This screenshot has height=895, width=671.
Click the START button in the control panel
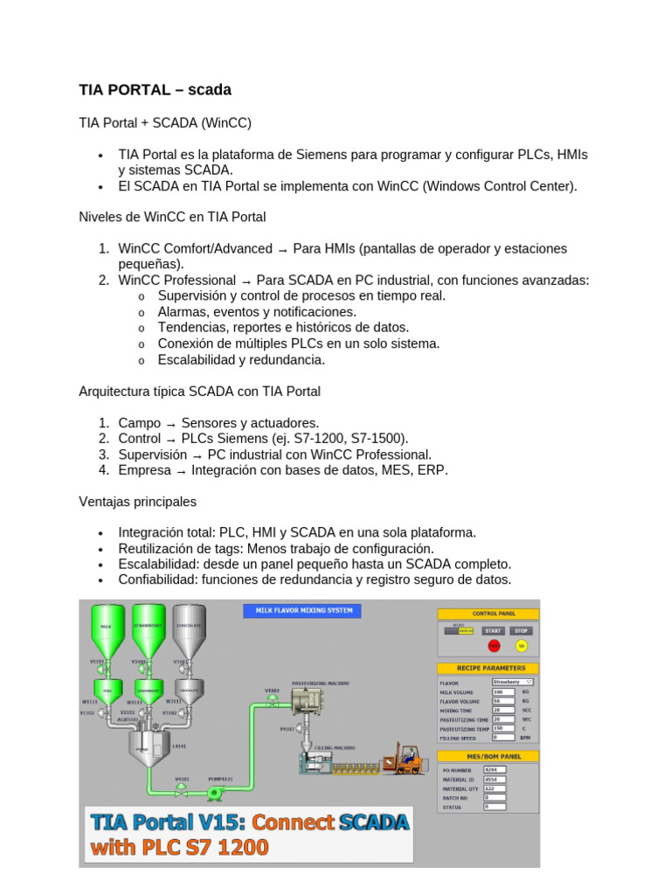click(494, 630)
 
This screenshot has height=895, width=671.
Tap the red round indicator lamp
click(494, 646)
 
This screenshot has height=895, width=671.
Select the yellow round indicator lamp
click(522, 646)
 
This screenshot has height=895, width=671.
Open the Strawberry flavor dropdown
click(512, 681)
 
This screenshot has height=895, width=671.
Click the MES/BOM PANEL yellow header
click(488, 755)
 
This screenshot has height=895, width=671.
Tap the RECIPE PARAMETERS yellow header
click(488, 668)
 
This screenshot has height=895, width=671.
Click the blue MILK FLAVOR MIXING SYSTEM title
click(301, 610)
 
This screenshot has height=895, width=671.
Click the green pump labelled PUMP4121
click(212, 793)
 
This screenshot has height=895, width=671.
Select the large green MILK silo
click(106, 629)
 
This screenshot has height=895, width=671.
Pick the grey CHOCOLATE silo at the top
click(189, 629)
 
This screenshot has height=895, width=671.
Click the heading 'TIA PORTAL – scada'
click(155, 90)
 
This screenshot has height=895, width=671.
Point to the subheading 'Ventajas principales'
click(137, 502)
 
